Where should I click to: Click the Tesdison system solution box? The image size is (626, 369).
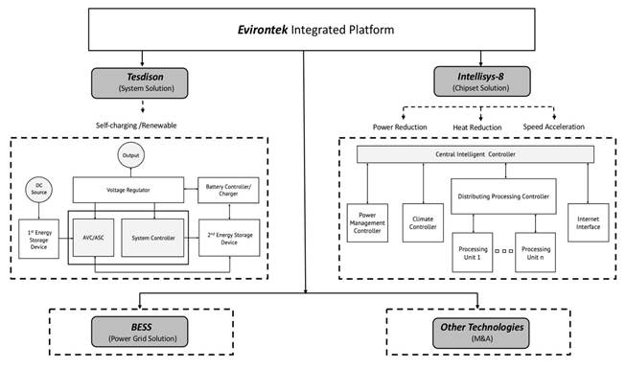(x=139, y=83)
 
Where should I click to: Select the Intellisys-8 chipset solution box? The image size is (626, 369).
(x=482, y=81)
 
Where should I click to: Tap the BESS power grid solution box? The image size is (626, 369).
(x=139, y=332)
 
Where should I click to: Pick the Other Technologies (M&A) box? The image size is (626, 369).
(x=481, y=334)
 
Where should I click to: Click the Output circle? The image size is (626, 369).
(x=131, y=155)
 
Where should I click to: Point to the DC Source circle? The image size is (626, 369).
(x=38, y=190)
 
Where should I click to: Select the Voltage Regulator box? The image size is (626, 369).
(x=128, y=190)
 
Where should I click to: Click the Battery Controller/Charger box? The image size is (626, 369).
(x=228, y=190)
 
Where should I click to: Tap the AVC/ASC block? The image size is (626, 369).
(x=93, y=238)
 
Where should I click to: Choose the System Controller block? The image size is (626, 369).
(x=153, y=238)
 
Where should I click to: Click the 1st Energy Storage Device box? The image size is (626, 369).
(x=38, y=239)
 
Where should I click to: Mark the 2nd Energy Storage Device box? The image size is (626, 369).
(x=229, y=238)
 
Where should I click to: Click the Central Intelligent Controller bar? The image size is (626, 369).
(x=475, y=154)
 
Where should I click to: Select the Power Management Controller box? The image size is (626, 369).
(x=367, y=222)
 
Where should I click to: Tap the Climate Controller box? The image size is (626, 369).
(x=423, y=222)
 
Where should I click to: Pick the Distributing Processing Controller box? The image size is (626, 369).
(x=503, y=196)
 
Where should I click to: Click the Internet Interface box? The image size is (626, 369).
(x=588, y=222)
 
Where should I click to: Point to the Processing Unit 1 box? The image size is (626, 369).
(x=473, y=252)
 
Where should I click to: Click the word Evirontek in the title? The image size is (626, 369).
(x=263, y=30)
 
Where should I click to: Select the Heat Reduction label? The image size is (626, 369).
(x=477, y=127)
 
